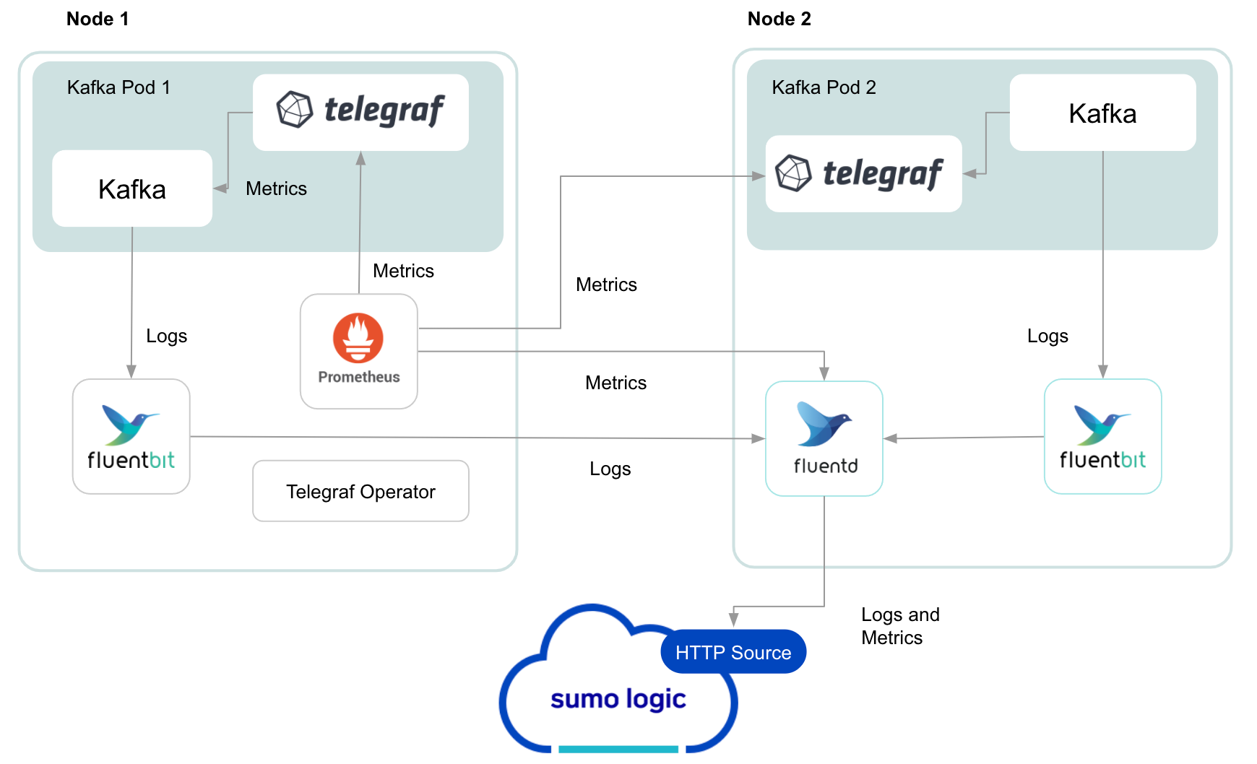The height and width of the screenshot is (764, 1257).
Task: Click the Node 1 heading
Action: [98, 19]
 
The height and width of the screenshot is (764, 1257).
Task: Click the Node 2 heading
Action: [779, 19]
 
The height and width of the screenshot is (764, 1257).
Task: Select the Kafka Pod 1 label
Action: [118, 87]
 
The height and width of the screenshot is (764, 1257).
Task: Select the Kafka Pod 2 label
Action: [824, 87]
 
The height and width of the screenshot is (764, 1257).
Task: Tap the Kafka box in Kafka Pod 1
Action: [132, 188]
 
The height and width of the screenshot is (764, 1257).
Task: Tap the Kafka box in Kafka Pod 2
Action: [1102, 113]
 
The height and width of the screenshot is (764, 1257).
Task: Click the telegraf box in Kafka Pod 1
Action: [360, 112]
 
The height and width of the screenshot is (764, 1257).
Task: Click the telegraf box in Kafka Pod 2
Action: [863, 173]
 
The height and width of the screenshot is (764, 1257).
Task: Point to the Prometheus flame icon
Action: [358, 338]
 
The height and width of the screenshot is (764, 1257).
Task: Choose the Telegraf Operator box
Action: [360, 491]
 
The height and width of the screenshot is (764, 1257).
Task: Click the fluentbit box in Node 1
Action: [131, 437]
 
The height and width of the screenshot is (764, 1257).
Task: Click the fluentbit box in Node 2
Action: [1102, 437]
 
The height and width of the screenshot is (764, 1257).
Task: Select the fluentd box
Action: [824, 438]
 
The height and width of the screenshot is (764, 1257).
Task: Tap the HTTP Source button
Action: [733, 652]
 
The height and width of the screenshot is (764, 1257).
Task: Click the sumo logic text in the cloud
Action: [618, 699]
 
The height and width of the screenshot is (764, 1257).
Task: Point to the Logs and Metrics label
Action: [900, 626]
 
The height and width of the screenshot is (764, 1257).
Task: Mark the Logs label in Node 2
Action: [1047, 336]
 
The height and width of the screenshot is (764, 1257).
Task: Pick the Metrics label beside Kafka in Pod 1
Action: [276, 188]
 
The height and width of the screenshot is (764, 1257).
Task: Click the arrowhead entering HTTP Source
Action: [734, 620]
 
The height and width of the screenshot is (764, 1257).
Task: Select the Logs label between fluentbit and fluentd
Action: [610, 469]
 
